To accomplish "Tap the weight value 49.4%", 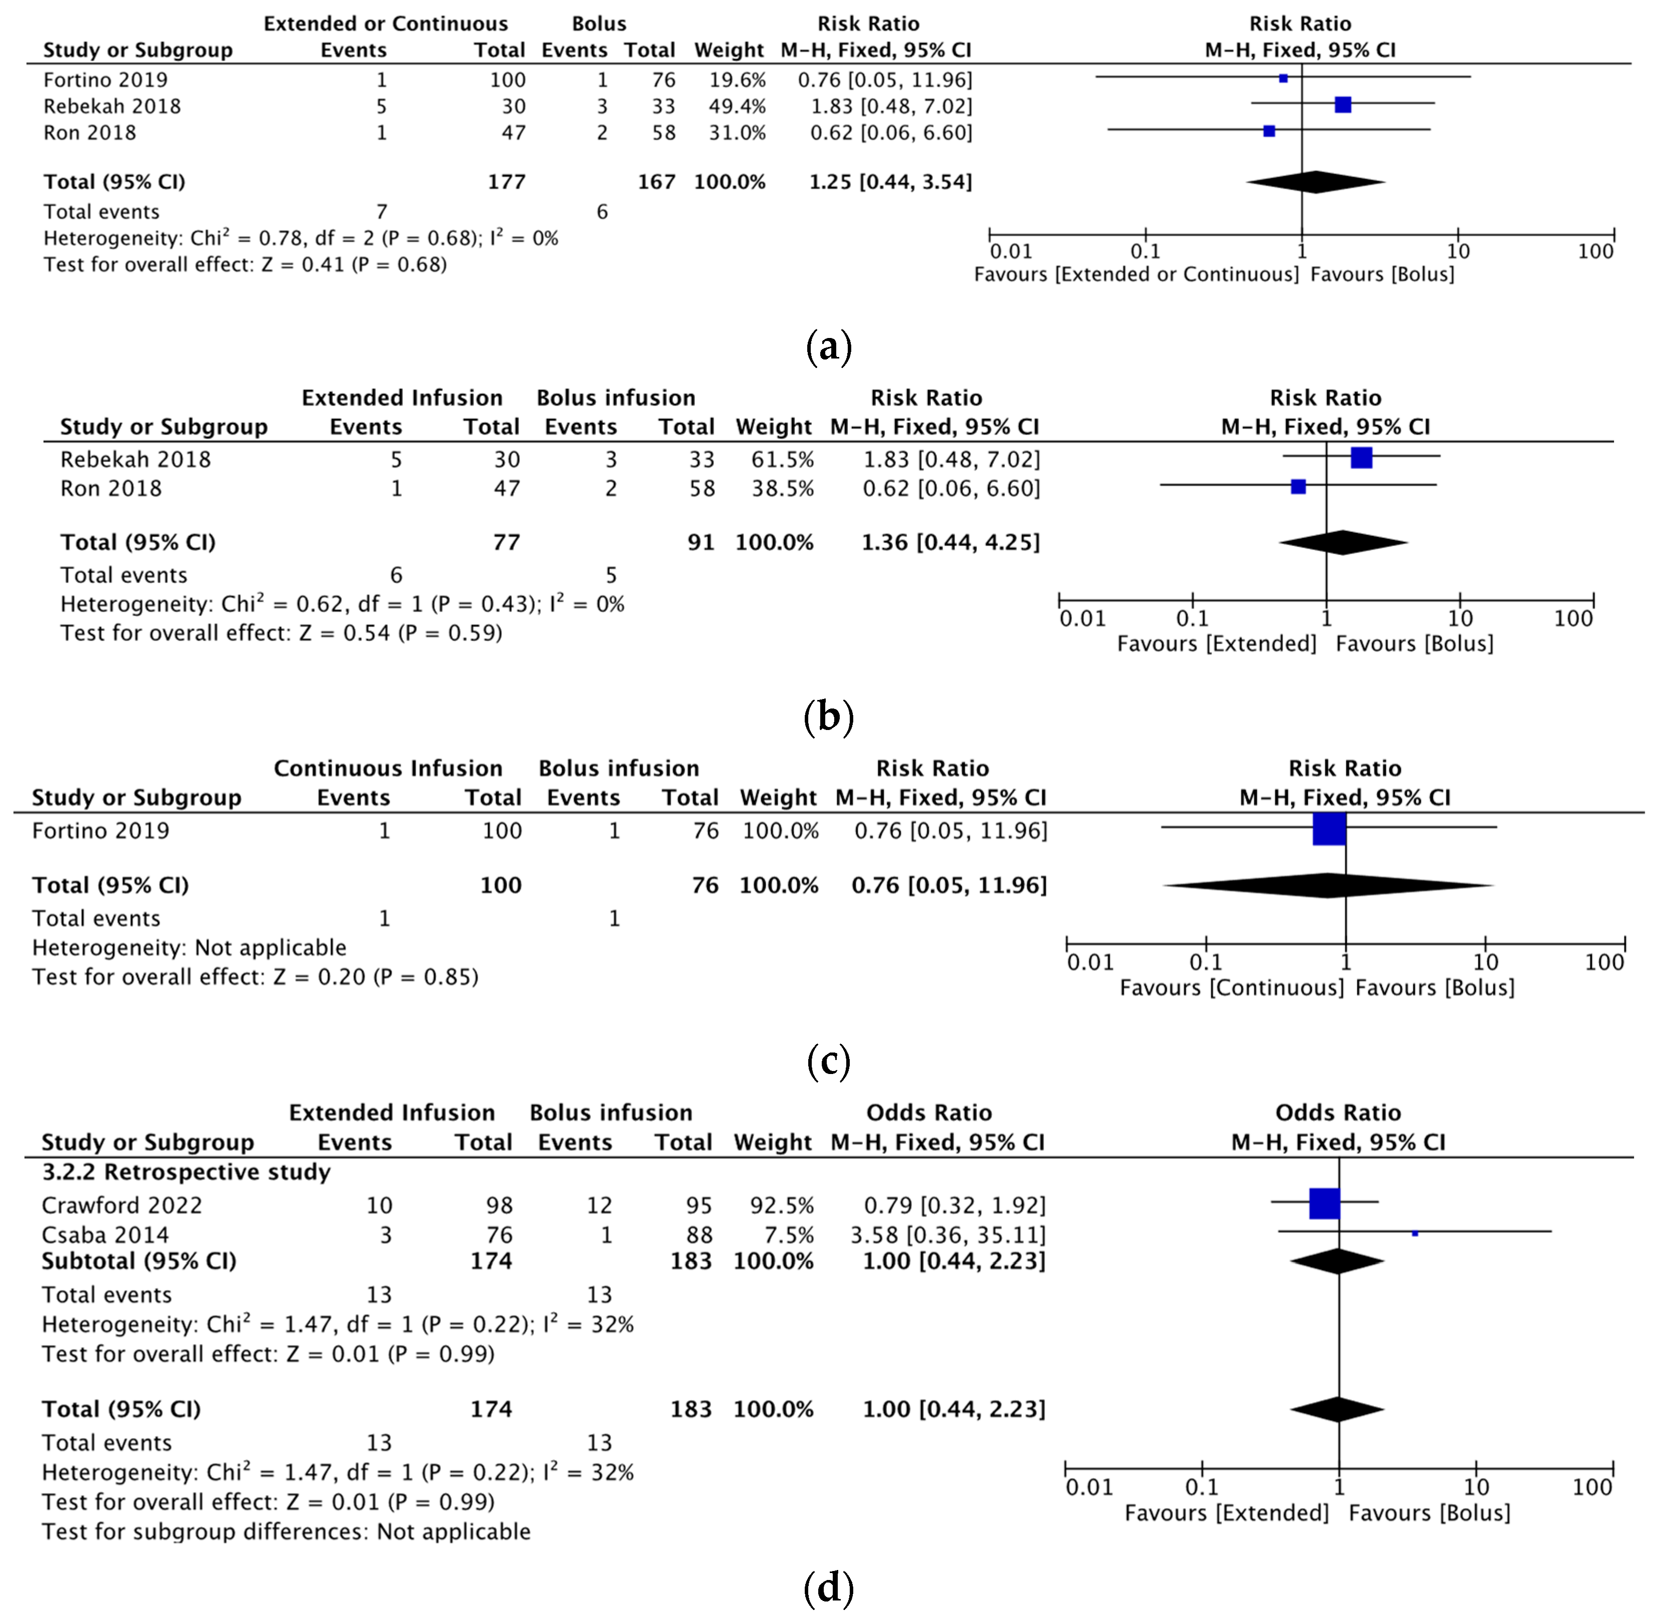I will [x=737, y=106].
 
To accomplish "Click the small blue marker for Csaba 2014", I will [x=1414, y=1233].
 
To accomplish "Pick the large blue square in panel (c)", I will [x=1329, y=829].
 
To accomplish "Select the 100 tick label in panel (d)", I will [x=1592, y=1486].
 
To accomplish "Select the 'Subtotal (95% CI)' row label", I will [x=139, y=1261].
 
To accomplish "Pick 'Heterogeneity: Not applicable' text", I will [x=189, y=947].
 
